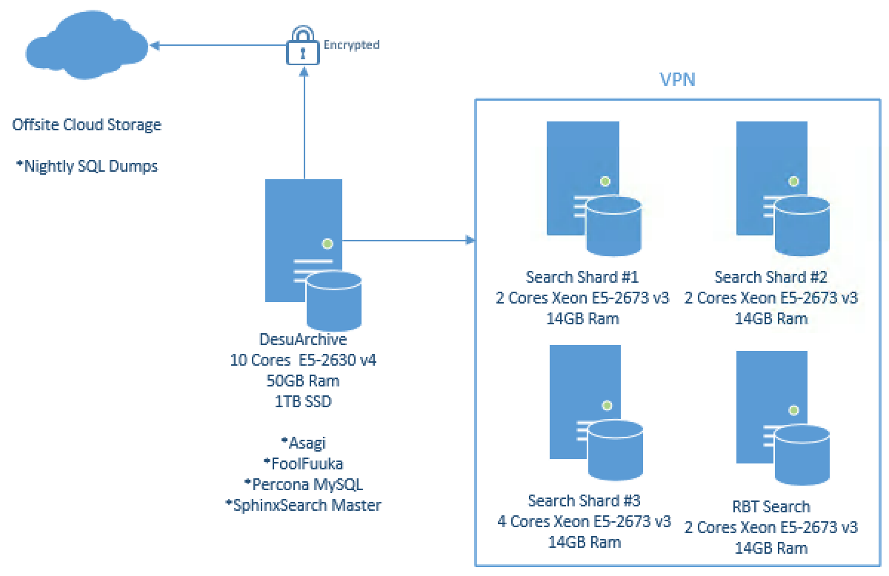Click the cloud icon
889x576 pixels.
85,47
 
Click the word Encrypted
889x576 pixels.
351,45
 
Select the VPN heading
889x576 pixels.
678,79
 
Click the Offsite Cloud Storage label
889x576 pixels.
87,124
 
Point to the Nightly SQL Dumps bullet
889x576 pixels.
87,166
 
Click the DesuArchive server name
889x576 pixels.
304,342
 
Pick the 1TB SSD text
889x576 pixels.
304,400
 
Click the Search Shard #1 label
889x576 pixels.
582,277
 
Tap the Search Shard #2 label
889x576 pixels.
771,277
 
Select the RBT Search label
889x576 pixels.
771,507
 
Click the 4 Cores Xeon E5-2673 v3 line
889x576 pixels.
585,520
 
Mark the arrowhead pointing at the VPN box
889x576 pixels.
469,240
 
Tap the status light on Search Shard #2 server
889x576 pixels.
794,180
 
